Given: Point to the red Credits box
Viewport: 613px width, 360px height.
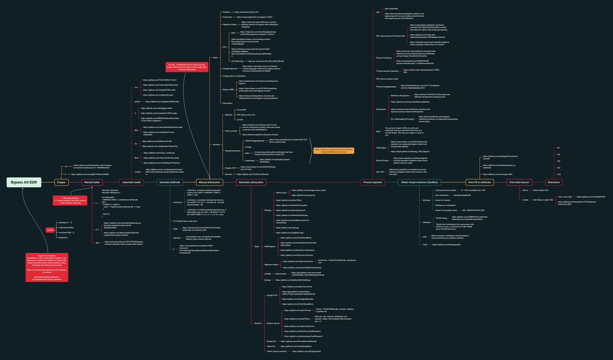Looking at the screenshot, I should click(50, 230).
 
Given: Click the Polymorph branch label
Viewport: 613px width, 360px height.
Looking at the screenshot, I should click(227, 17).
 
